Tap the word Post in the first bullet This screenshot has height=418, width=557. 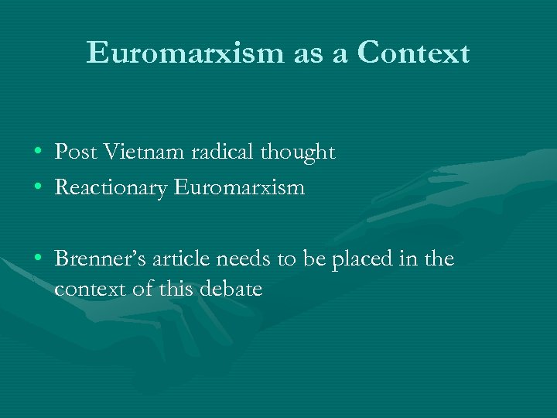(x=74, y=152)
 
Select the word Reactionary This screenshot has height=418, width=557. (x=111, y=187)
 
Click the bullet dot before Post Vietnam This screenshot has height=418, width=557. (x=38, y=153)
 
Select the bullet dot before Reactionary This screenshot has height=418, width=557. (x=38, y=187)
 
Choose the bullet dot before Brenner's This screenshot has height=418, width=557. (x=38, y=259)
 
